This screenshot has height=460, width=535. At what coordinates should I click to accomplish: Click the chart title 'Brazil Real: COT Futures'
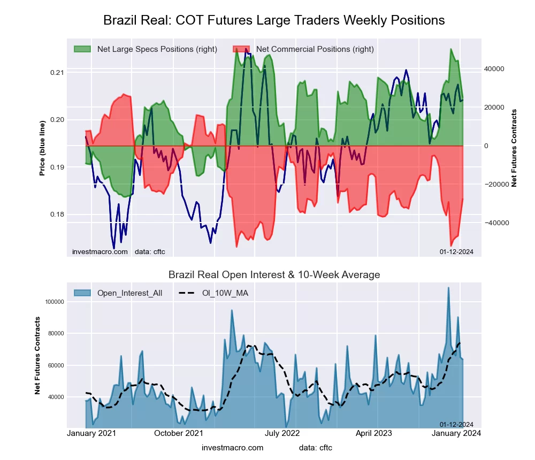tap(273, 20)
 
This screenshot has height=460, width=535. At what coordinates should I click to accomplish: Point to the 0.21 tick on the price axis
tap(57, 73)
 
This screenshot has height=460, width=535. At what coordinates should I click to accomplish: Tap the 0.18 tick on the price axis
tap(57, 215)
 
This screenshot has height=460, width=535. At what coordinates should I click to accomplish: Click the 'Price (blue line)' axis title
tap(42, 146)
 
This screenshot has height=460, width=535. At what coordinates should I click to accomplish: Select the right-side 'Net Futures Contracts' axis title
tap(514, 148)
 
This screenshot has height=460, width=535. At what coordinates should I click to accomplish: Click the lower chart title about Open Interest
tap(274, 275)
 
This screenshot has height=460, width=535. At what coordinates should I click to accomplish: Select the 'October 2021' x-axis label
tap(178, 433)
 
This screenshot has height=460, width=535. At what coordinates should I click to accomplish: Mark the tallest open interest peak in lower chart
tap(448, 288)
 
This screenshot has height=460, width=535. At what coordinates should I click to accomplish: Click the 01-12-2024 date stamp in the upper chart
tap(456, 251)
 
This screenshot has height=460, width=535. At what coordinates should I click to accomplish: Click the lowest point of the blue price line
tap(114, 248)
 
